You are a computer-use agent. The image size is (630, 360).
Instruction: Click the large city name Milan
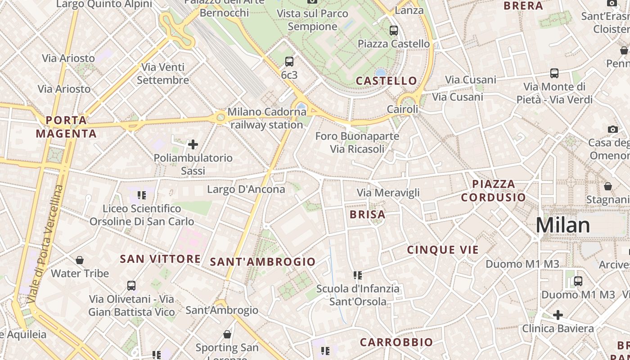pyautogui.click(x=562, y=225)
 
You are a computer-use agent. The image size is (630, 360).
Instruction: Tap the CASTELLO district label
pyautogui.click(x=387, y=81)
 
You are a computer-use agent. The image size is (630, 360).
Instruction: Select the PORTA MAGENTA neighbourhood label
pyautogui.click(x=66, y=127)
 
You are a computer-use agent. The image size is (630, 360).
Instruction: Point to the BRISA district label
pyautogui.click(x=368, y=215)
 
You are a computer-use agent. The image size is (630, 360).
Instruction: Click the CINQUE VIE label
pyautogui.click(x=443, y=250)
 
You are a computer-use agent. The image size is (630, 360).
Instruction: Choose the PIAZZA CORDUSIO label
pyautogui.click(x=493, y=190)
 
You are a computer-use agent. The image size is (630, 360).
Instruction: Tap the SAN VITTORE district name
pyautogui.click(x=160, y=259)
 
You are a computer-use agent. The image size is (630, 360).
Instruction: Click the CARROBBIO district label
pyautogui.click(x=396, y=342)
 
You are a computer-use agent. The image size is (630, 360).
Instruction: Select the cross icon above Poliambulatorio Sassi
pyautogui.click(x=193, y=144)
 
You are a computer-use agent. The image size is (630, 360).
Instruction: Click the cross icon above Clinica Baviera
pyautogui.click(x=558, y=315)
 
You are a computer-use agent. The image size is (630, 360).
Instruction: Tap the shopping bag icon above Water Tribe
pyautogui.click(x=80, y=260)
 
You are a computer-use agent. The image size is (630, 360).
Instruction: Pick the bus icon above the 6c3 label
pyautogui.click(x=289, y=62)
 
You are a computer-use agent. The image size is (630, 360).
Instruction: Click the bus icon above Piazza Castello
pyautogui.click(x=394, y=31)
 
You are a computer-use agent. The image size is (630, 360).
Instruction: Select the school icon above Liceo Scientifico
pyautogui.click(x=142, y=195)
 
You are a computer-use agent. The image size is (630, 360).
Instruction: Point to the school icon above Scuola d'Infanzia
pyautogui.click(x=358, y=275)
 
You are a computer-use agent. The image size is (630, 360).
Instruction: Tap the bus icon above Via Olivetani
pyautogui.click(x=131, y=286)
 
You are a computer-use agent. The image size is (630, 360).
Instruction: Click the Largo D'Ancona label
pyautogui.click(x=246, y=189)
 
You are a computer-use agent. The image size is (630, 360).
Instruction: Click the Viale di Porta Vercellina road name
pyautogui.click(x=45, y=243)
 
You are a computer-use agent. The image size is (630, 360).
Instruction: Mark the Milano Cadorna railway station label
pyautogui.click(x=267, y=118)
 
